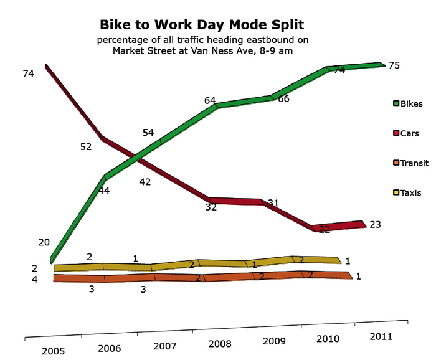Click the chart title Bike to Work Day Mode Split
point(202,24)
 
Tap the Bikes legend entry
point(408,103)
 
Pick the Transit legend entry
point(410,163)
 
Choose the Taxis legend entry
point(407,192)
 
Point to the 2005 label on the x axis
point(54,351)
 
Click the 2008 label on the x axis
point(220,344)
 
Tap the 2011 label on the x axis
point(381,337)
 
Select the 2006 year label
point(109,349)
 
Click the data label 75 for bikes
point(394,65)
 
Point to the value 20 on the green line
point(44,242)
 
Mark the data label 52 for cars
point(86,147)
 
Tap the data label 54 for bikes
point(148,133)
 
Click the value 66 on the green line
point(283,98)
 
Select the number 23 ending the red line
point(375,224)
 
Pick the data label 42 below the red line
point(145,182)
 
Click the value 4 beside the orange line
point(34,280)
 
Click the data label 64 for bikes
point(210,100)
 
